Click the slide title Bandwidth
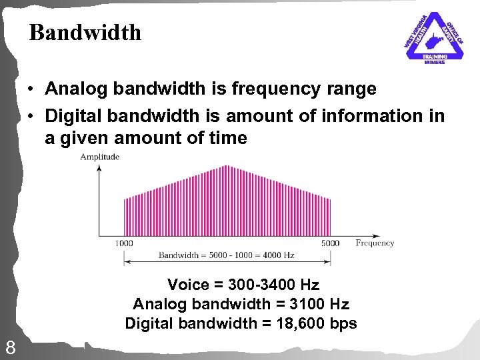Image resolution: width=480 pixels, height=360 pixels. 85,33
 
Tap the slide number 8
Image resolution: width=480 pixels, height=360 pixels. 11,347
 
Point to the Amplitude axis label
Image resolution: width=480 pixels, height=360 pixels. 99,157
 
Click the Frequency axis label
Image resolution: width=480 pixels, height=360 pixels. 375,243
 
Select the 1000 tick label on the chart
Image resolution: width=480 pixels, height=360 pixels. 123,243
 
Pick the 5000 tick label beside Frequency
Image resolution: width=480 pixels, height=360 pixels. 330,243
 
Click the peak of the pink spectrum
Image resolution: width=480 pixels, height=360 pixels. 227,166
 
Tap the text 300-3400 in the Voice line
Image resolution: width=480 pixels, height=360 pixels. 255,285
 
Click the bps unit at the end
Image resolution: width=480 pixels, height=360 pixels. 343,324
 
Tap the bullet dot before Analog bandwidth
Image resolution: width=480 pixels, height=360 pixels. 31,89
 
